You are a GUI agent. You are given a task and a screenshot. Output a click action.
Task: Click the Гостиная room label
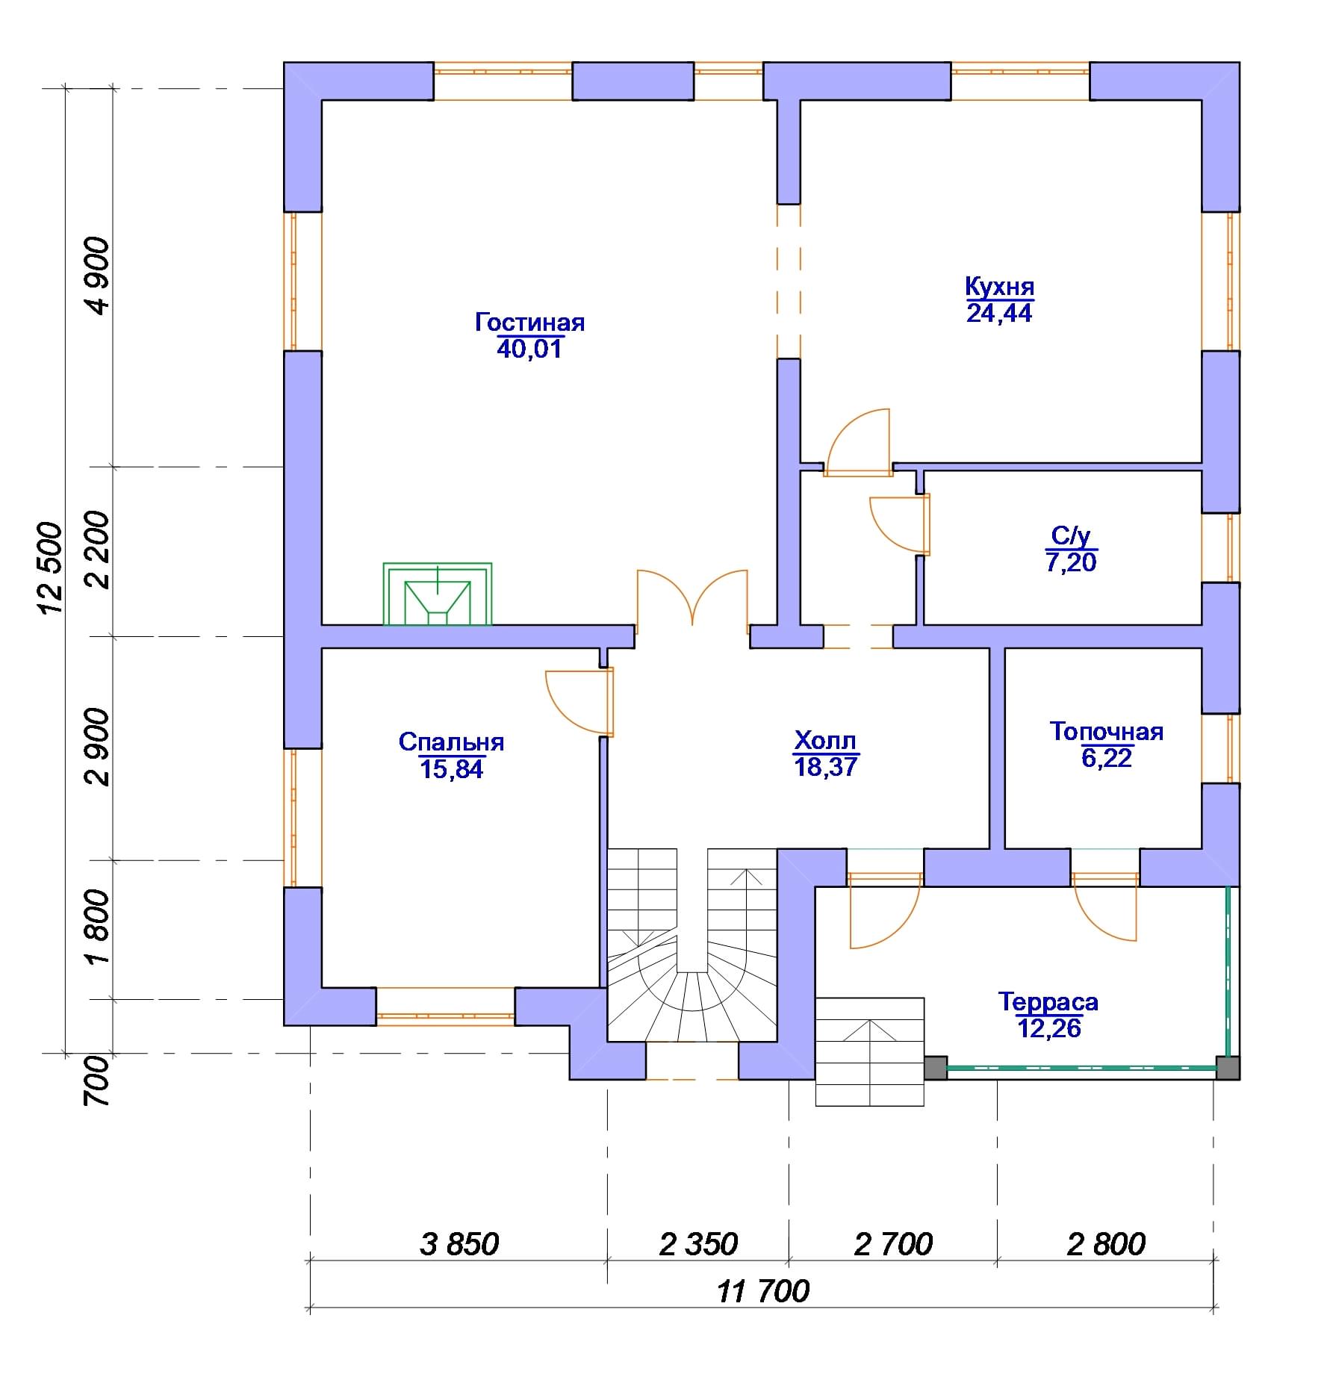pos(529,323)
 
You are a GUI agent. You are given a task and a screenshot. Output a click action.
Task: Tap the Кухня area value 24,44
pos(999,313)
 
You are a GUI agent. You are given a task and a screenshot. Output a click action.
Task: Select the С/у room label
pos(1071,535)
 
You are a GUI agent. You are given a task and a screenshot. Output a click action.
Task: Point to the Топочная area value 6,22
pos(1107,758)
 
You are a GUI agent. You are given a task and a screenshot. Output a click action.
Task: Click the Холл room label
pos(825,741)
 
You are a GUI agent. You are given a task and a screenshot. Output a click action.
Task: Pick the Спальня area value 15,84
pos(452,769)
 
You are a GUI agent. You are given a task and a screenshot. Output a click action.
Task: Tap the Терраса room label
pos(1048,1001)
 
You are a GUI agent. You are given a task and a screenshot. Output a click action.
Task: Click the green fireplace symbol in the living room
pos(438,594)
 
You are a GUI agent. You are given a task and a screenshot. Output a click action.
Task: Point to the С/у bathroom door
pos(901,525)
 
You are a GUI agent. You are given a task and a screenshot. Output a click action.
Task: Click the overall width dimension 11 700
pos(763,1291)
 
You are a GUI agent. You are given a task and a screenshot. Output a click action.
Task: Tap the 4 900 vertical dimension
pos(98,276)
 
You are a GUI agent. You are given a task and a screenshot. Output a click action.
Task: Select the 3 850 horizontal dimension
pos(459,1244)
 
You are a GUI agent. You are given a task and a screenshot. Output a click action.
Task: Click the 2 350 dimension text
pos(698,1244)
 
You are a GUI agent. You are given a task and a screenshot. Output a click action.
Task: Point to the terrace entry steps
pos(870,1051)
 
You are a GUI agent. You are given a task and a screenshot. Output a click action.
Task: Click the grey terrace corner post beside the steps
pos(936,1067)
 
